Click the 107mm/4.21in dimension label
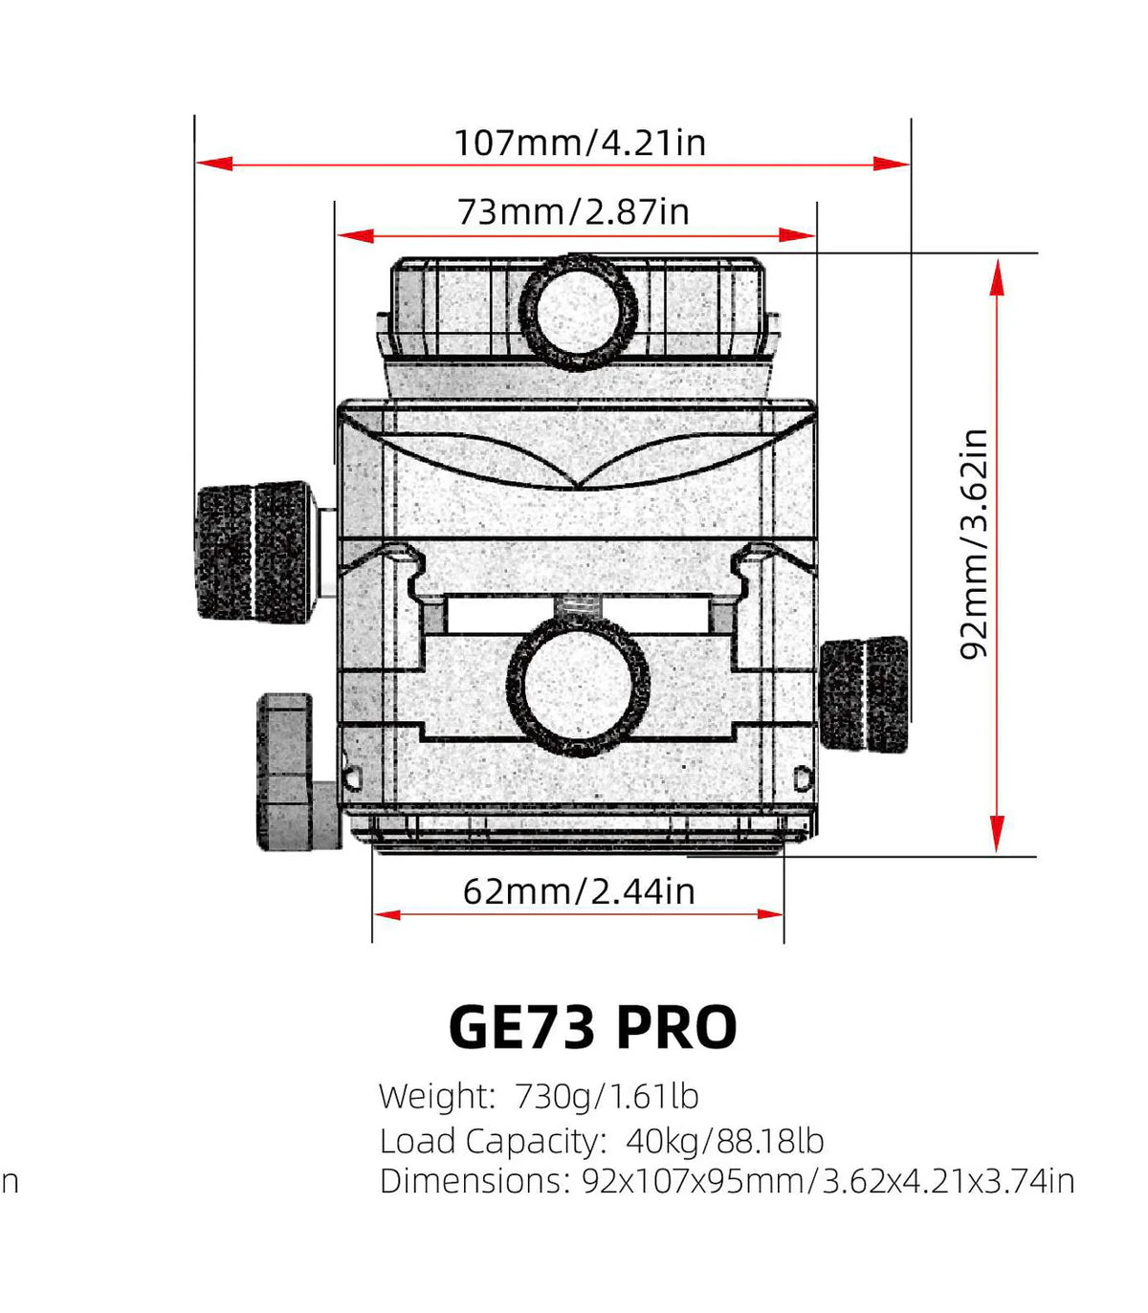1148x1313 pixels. (579, 142)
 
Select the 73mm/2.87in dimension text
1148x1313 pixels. (572, 211)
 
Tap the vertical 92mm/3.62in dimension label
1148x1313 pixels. (973, 543)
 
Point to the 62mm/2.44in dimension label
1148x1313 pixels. (578, 891)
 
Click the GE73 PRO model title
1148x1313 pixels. (592, 1027)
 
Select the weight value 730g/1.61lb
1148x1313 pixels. (607, 1096)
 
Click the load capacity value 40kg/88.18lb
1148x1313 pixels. (724, 1141)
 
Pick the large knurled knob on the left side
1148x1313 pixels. (253, 552)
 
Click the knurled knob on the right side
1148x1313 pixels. (865, 694)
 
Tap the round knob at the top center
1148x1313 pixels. (578, 311)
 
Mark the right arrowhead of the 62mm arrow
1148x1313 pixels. (769, 914)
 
